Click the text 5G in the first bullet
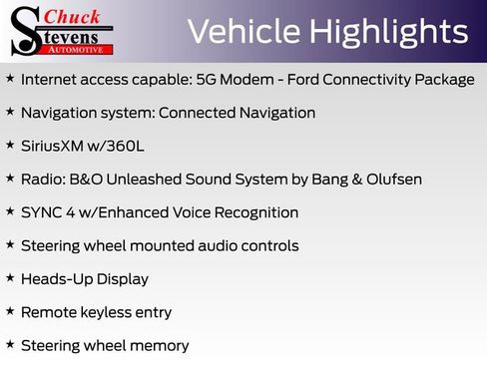click(241, 80)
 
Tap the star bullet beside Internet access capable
click(10, 79)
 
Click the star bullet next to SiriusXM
click(10, 146)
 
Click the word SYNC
click(43, 212)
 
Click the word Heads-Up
click(54, 279)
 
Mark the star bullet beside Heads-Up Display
click(10, 278)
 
